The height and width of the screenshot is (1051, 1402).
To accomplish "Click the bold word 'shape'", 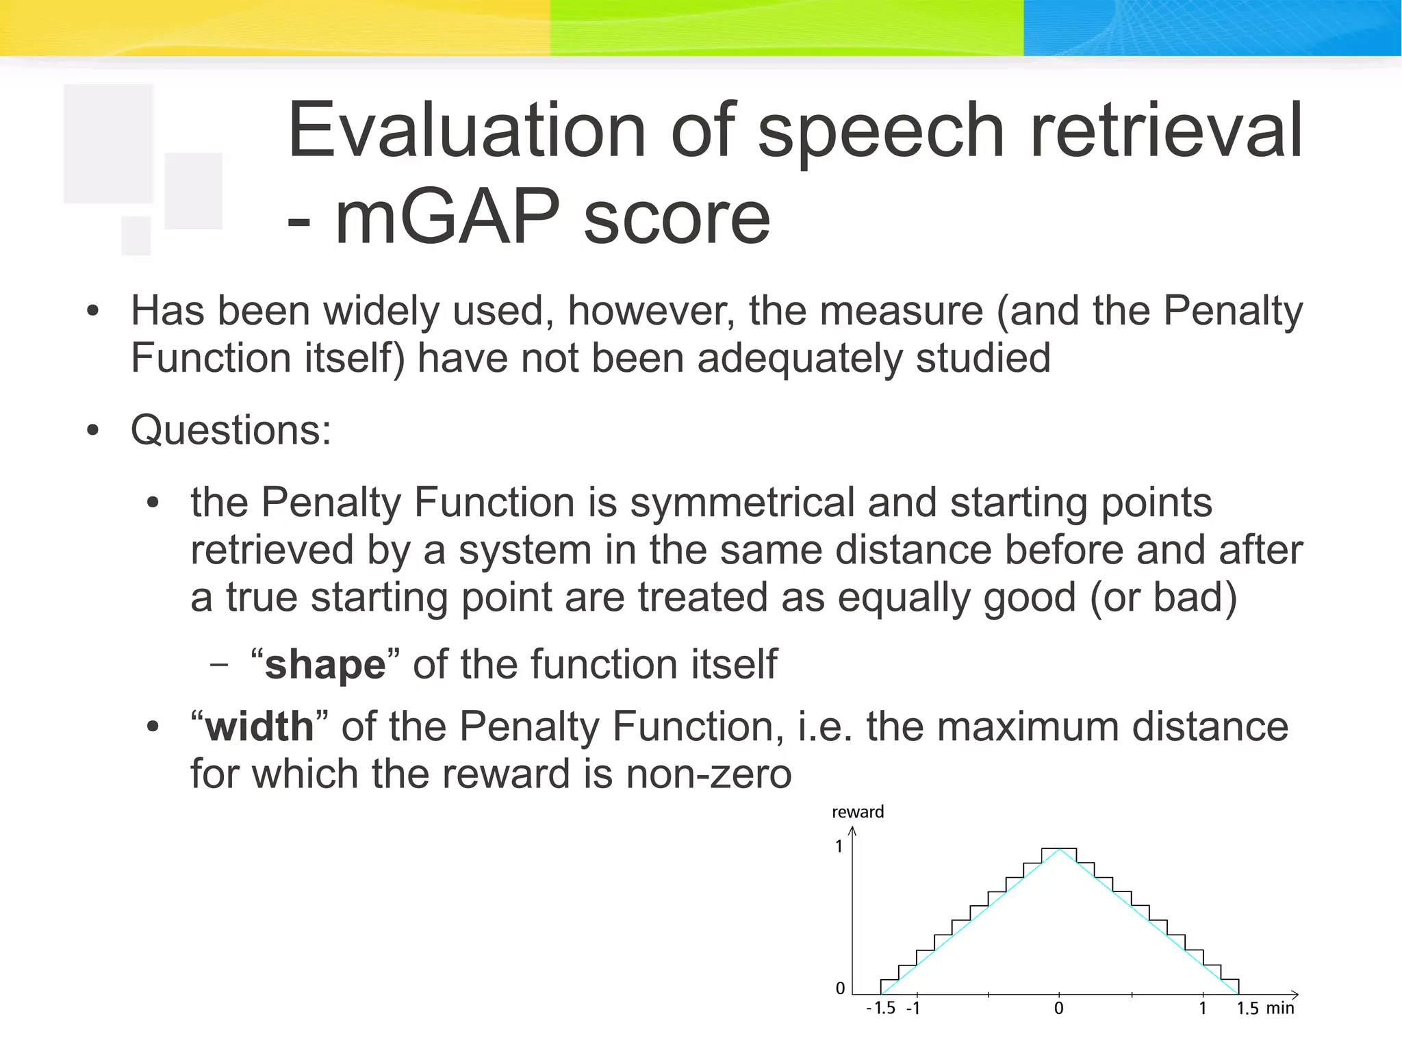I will pyautogui.click(x=325, y=665).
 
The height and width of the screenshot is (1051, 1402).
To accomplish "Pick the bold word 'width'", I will pyautogui.click(x=259, y=726).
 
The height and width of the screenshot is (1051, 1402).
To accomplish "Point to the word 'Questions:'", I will pyautogui.click(x=231, y=431).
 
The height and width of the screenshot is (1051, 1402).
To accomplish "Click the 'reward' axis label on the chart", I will pyautogui.click(x=857, y=812).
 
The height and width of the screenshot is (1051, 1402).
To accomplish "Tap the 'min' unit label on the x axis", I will pyautogui.click(x=1279, y=1008).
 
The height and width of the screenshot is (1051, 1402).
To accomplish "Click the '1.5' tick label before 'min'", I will pyautogui.click(x=1247, y=1008).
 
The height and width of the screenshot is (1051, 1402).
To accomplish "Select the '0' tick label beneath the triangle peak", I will pyautogui.click(x=1058, y=1008).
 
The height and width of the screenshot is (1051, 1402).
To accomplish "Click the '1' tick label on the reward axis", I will pyautogui.click(x=839, y=847).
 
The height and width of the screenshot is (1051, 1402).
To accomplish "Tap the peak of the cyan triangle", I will pyautogui.click(x=1059, y=850).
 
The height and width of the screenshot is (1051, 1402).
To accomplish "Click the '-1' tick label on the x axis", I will pyautogui.click(x=913, y=1008).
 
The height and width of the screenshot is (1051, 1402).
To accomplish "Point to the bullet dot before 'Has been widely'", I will pyautogui.click(x=93, y=312).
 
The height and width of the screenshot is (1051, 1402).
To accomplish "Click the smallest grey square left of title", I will pyautogui.click(x=136, y=235).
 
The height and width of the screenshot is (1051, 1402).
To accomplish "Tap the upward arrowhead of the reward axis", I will pyautogui.click(x=852, y=831).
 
